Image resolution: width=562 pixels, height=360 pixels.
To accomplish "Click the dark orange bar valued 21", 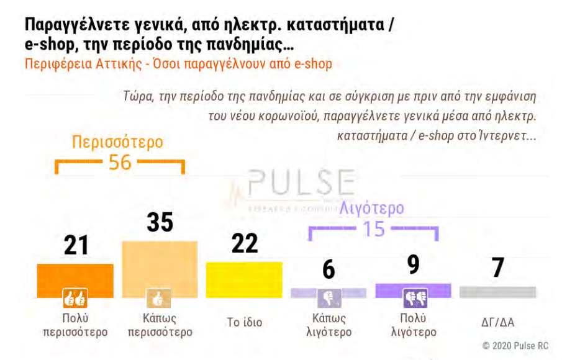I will [75, 276].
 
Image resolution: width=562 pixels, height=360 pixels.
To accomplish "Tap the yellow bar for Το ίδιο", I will [244, 279].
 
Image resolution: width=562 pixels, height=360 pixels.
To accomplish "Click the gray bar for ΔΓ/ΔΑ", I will [497, 292].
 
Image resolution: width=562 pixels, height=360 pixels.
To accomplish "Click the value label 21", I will [76, 245].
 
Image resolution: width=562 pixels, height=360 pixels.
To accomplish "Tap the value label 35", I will [160, 222].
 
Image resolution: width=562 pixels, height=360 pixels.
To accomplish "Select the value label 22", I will [244, 243].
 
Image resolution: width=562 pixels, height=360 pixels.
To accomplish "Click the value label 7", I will [497, 268].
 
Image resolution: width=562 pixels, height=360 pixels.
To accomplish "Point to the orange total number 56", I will [120, 163].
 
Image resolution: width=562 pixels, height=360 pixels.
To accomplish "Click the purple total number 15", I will [373, 229].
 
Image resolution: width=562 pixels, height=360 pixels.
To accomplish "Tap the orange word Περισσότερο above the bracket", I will [117, 142].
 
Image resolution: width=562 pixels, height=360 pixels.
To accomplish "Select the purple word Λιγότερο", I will [371, 208].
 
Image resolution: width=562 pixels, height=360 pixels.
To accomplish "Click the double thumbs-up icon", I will [75, 299].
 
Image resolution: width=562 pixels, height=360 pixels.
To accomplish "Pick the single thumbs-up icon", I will [158, 299].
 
